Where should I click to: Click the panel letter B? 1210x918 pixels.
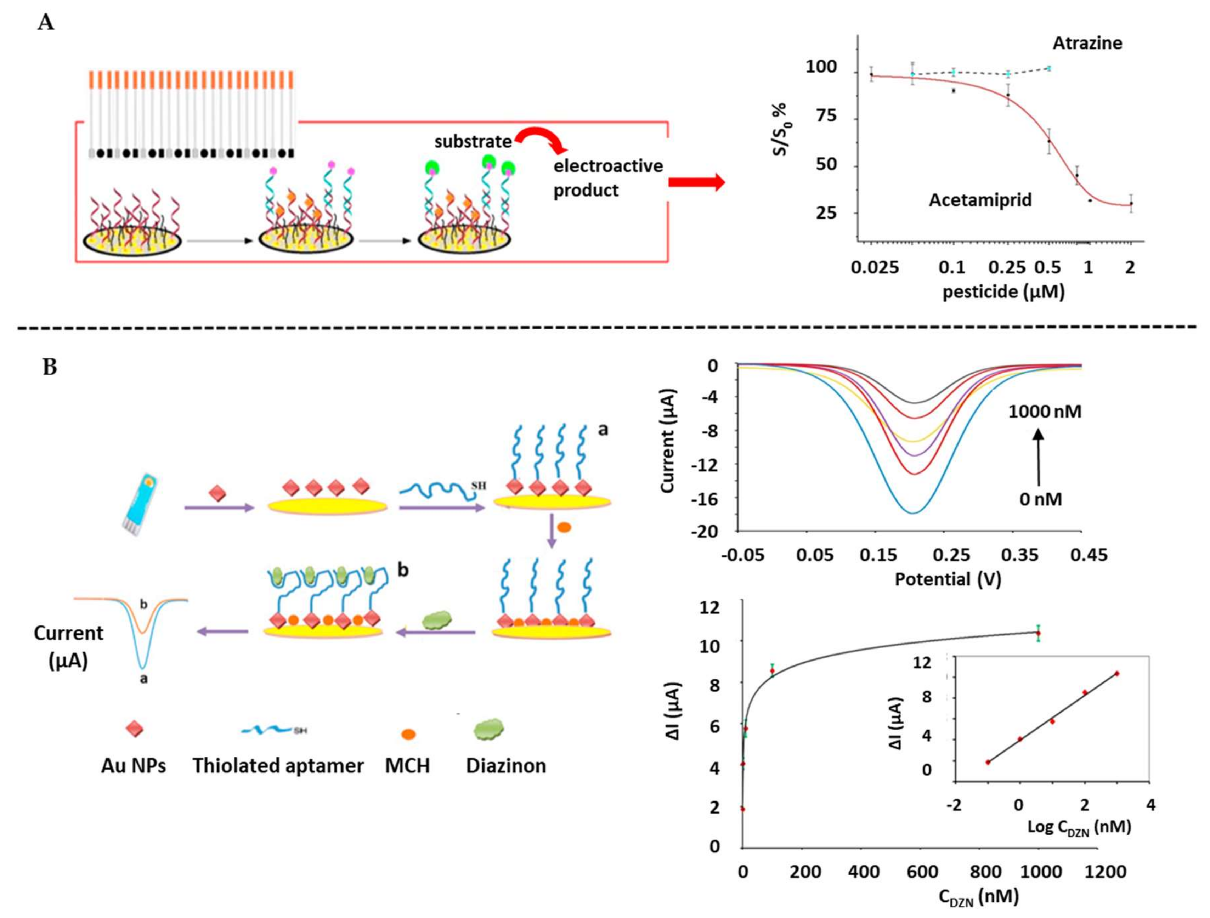click(x=50, y=367)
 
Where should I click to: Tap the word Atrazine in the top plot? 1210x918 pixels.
click(x=1087, y=43)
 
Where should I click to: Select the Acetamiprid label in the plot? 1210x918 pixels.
click(x=980, y=200)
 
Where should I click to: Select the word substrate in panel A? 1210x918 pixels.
click(x=473, y=142)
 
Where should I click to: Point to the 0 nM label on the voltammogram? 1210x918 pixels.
click(x=1040, y=499)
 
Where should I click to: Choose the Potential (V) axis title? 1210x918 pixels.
click(x=948, y=579)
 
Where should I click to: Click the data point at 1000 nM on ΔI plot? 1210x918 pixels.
click(x=1038, y=633)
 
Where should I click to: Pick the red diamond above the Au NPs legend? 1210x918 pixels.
click(x=135, y=729)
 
